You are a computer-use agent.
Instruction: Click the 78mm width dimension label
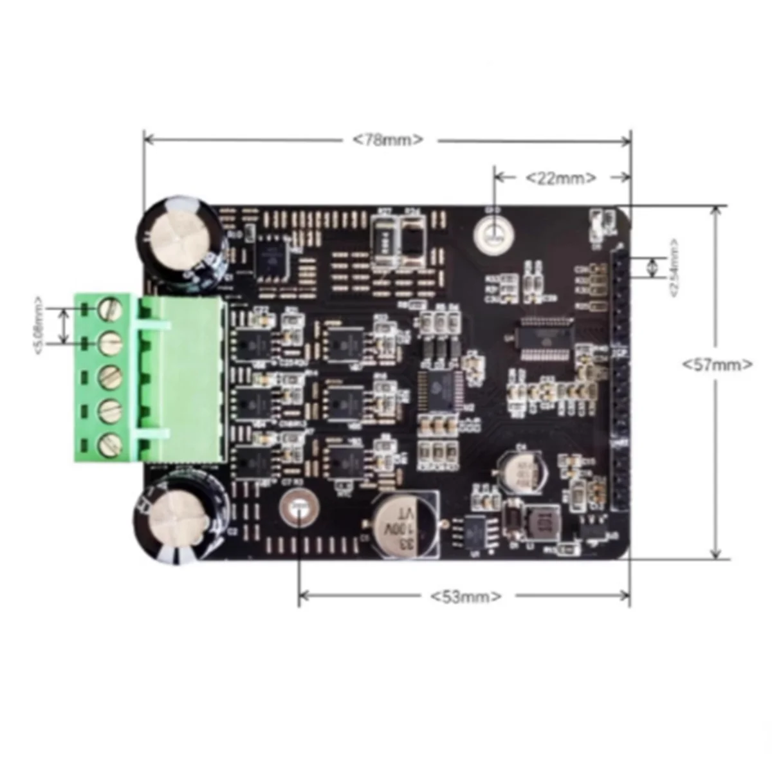point(388,140)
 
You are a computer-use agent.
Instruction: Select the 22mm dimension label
point(561,178)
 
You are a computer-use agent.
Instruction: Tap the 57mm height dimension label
point(717,364)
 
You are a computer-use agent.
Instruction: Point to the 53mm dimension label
point(465,596)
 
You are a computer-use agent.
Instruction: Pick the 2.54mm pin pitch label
point(674,268)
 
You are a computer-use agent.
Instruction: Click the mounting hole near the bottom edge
point(298,508)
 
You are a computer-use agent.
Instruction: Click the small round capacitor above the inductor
point(522,468)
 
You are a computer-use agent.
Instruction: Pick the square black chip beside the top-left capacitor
point(271,259)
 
